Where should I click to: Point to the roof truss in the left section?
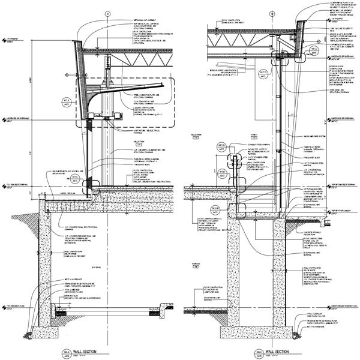coord(132,54)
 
